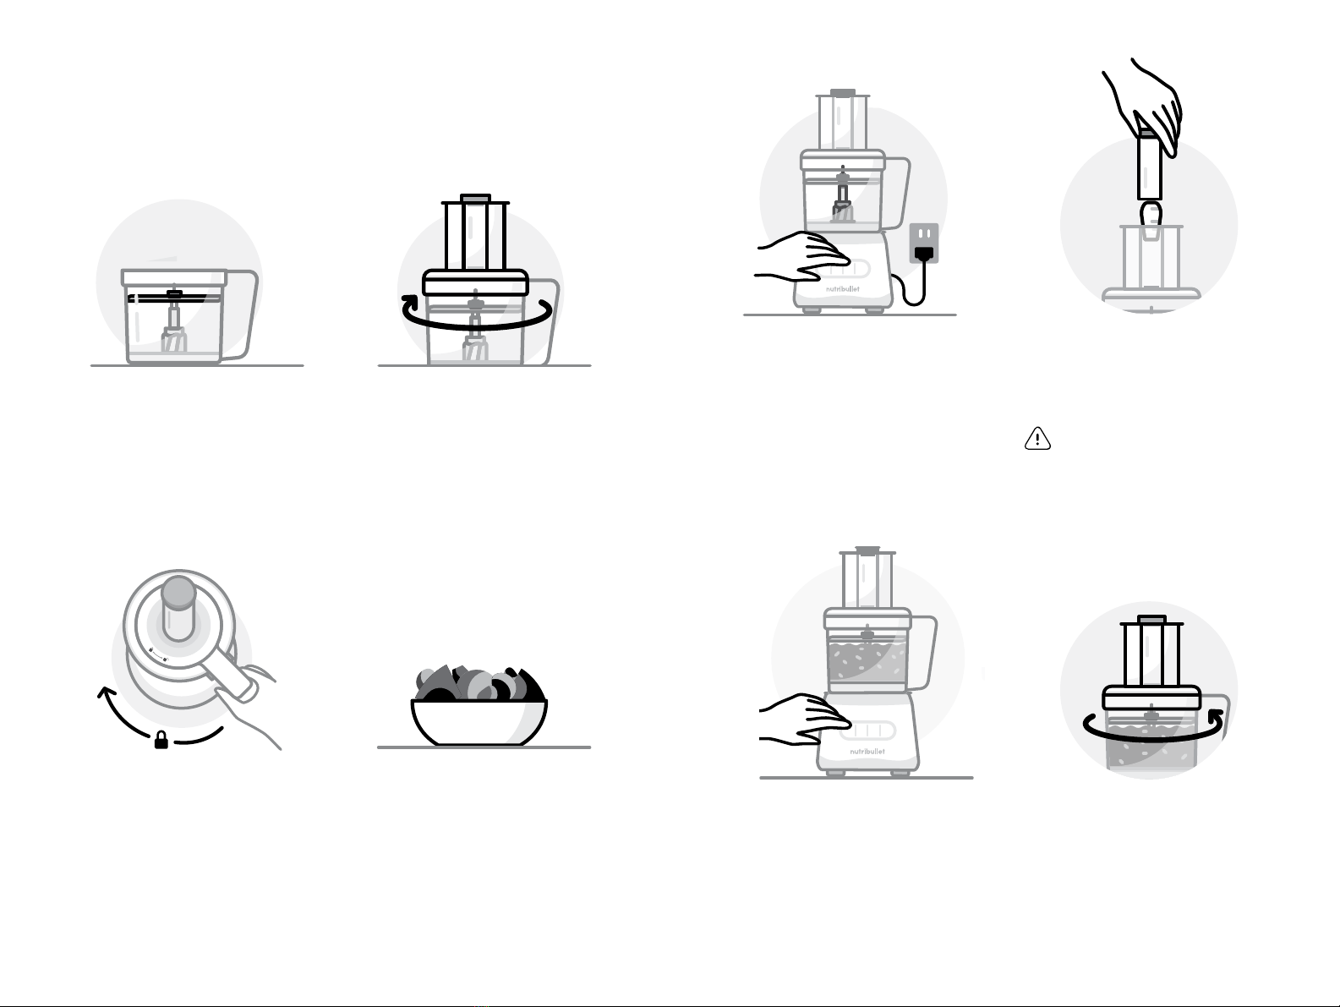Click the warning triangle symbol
(x=1037, y=439)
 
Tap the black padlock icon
(x=161, y=740)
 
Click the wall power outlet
(x=924, y=244)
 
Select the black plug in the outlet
(x=924, y=253)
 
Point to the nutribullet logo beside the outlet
(x=842, y=288)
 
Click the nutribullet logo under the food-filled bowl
(x=867, y=752)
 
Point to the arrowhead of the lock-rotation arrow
(x=107, y=693)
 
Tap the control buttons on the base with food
(x=867, y=730)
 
